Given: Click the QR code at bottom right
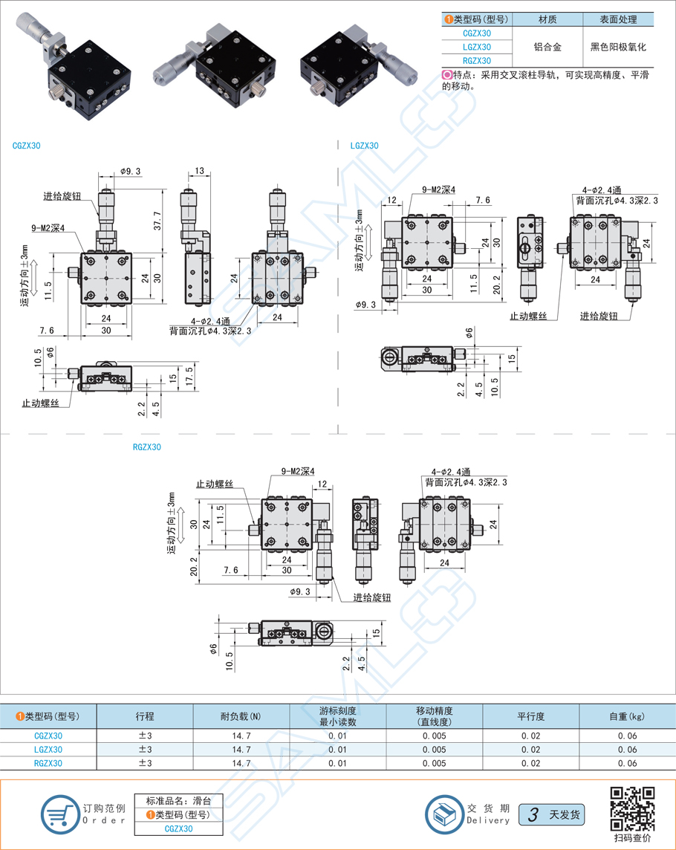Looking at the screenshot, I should click(x=631, y=809).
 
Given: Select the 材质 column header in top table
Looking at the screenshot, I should click(x=547, y=20).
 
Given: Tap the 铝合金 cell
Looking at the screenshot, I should click(x=547, y=47).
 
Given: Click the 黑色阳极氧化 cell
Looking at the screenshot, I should click(x=618, y=47).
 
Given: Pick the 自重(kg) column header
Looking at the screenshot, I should click(x=627, y=716).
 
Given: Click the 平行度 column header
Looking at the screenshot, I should click(x=530, y=716).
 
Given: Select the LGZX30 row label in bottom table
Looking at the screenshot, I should click(x=48, y=750).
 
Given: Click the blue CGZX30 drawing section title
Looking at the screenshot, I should click(x=27, y=146).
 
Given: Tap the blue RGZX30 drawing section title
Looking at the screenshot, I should click(x=146, y=447).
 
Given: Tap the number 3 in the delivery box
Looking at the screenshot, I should click(x=532, y=814).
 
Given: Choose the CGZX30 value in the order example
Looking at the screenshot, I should click(x=178, y=828).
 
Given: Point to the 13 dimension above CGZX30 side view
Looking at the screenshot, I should click(x=200, y=172).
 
